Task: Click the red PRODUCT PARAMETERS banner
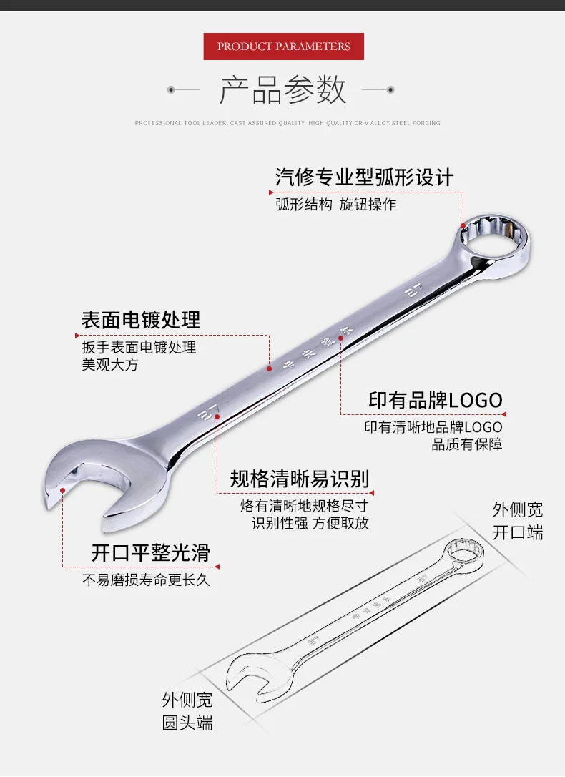pos(284,47)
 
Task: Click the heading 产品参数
pos(283,90)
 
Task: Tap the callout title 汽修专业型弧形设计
pos(365,177)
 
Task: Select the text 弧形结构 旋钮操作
pos(335,205)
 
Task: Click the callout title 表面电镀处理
pos(141,320)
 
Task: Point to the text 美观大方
pos(110,365)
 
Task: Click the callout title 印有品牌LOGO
pos(435,400)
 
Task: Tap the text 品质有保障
pos(466,444)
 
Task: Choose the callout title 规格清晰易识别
pos(300,479)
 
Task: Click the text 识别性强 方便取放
pos(310,523)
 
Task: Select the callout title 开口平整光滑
pos(150,552)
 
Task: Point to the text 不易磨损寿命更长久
pos(146,580)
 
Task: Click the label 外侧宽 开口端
pos(518,521)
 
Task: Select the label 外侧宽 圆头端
pos(187,710)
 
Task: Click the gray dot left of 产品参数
pos(171,89)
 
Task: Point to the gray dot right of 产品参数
pos(390,89)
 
